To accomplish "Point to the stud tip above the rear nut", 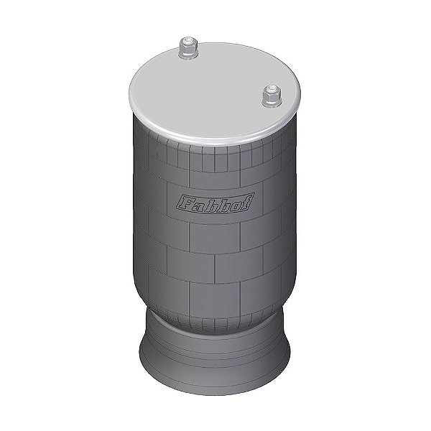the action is (187, 41).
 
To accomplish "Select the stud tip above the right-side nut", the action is (271, 88).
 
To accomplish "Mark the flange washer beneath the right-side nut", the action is (272, 104).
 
